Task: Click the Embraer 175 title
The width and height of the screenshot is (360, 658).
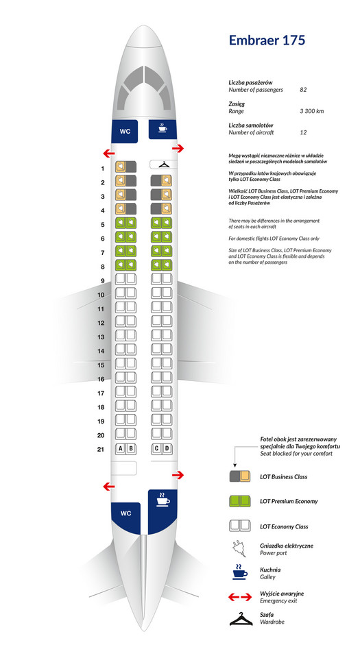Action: point(267,40)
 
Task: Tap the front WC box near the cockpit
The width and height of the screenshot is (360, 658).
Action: point(125,131)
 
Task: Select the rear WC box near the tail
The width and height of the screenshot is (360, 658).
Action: point(125,513)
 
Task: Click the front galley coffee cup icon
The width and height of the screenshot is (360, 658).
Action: point(163,128)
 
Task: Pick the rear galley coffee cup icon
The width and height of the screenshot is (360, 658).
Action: point(163,499)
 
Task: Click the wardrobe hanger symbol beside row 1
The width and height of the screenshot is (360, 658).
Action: point(163,165)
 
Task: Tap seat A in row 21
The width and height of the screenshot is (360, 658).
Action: point(121,449)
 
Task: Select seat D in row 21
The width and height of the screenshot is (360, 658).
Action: point(167,449)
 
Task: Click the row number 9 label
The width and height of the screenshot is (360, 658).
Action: point(102,281)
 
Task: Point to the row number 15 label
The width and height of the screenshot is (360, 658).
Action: point(101,365)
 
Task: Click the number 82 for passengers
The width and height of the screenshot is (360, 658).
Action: point(303,90)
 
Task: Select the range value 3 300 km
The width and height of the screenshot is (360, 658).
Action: point(311,111)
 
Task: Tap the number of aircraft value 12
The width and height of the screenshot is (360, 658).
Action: point(303,132)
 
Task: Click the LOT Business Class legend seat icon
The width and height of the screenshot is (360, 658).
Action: point(240,476)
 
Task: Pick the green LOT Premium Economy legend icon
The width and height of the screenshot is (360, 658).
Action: point(240,501)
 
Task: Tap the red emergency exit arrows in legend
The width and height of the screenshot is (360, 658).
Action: point(240,598)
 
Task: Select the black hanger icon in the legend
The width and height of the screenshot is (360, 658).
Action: point(241,619)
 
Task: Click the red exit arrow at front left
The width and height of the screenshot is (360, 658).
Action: point(109,153)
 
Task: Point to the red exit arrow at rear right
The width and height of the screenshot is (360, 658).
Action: point(178,474)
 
